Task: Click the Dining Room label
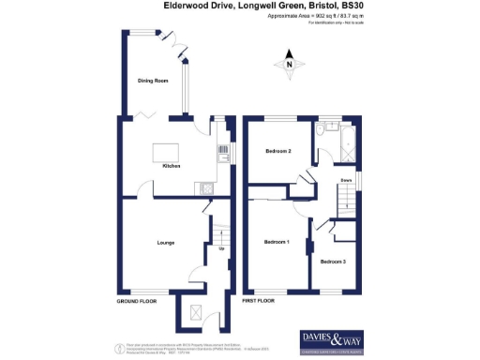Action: point(153,82)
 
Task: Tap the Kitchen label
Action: point(172,166)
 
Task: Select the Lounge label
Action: point(166,243)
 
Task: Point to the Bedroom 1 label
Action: point(277,243)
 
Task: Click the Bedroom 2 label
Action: point(277,151)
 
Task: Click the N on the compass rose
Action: point(290,64)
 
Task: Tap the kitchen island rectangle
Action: point(165,149)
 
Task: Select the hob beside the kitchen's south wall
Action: point(205,187)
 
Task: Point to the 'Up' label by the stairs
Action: point(221,248)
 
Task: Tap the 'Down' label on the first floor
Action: point(346,178)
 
